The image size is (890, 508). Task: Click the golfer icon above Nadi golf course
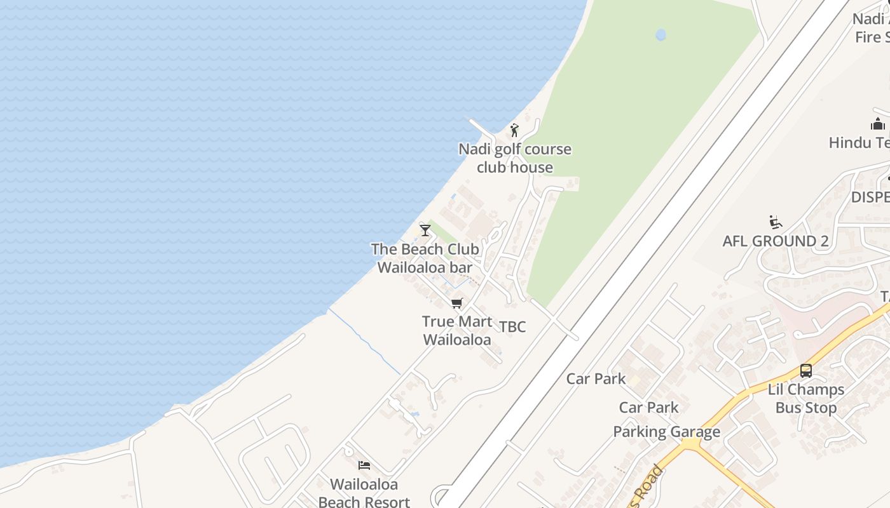point(514,131)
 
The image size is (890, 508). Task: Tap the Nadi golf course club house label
point(515,158)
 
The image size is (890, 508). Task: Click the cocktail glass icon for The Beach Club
point(425,231)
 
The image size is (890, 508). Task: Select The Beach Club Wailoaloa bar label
point(425,258)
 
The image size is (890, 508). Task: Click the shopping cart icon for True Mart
point(456,304)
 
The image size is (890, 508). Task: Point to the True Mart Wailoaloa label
point(456,330)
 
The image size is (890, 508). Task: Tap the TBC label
point(512,327)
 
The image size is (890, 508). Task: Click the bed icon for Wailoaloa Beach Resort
point(364,466)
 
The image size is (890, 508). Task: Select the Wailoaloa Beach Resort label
point(364,493)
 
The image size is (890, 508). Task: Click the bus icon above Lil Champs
point(806,371)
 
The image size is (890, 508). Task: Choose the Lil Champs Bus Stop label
point(806,398)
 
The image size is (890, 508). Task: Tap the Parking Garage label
point(666,432)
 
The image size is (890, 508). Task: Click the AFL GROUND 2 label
point(776,241)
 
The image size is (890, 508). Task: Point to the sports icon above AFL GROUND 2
point(776,223)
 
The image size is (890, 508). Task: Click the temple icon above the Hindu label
point(878,124)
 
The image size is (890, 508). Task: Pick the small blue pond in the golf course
point(661,35)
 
